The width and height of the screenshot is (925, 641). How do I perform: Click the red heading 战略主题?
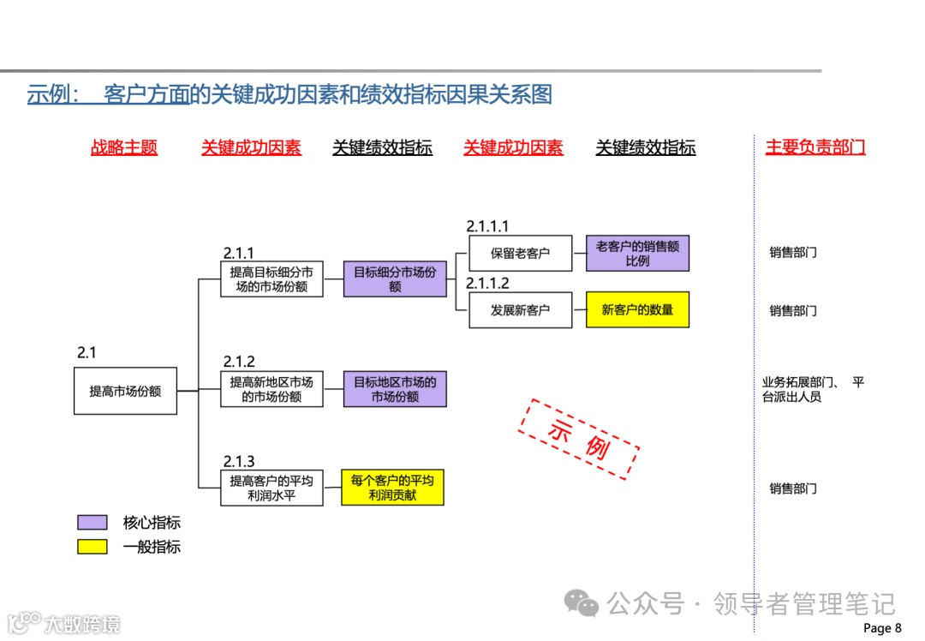pyautogui.click(x=124, y=147)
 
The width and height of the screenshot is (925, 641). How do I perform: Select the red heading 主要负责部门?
pyautogui.click(x=815, y=147)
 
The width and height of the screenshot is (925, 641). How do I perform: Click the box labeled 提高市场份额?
pyautogui.click(x=125, y=391)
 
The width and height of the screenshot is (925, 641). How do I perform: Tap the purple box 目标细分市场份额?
pyautogui.click(x=395, y=279)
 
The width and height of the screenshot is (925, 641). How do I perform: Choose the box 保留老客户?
pyautogui.click(x=520, y=254)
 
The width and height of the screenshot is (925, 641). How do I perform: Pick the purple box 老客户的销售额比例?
pyautogui.click(x=637, y=254)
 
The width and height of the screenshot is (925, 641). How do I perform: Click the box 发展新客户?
pyautogui.click(x=520, y=310)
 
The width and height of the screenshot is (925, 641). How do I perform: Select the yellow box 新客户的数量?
pyautogui.click(x=637, y=309)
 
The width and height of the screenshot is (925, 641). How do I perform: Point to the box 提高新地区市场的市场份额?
pyautogui.click(x=272, y=390)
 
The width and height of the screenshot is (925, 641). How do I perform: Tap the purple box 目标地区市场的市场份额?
pyautogui.click(x=395, y=390)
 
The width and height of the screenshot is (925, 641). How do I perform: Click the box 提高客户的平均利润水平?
pyautogui.click(x=272, y=488)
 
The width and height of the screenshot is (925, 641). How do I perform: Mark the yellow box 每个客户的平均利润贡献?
pyautogui.click(x=392, y=488)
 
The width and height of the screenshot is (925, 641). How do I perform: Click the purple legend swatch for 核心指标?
pyautogui.click(x=92, y=523)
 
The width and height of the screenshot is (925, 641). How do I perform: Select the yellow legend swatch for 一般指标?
pyautogui.click(x=92, y=547)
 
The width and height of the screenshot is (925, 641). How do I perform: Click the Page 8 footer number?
pyautogui.click(x=882, y=628)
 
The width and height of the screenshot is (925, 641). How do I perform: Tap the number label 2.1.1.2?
pyautogui.click(x=487, y=284)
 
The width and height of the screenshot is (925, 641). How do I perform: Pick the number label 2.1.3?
pyautogui.click(x=239, y=462)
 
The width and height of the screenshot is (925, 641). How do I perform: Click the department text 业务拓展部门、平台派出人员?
pyautogui.click(x=812, y=390)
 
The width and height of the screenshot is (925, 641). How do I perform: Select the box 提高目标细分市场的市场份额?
pyautogui.click(x=272, y=279)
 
